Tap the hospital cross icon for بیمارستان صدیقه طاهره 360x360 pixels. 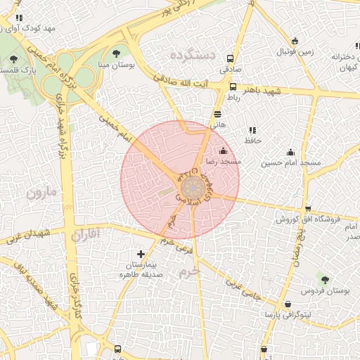click(141, 254)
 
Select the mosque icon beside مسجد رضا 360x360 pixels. click(224, 150)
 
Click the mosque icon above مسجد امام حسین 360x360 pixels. click(290, 152)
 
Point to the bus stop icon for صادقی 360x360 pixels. click(229, 59)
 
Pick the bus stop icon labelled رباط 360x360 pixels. click(233, 86)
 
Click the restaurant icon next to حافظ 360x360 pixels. click(252, 130)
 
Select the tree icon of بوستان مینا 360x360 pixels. click(116, 53)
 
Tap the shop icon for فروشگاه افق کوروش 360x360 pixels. click(308, 208)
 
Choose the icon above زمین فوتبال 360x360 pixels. click(295, 41)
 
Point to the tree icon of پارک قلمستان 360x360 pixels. click(14, 59)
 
